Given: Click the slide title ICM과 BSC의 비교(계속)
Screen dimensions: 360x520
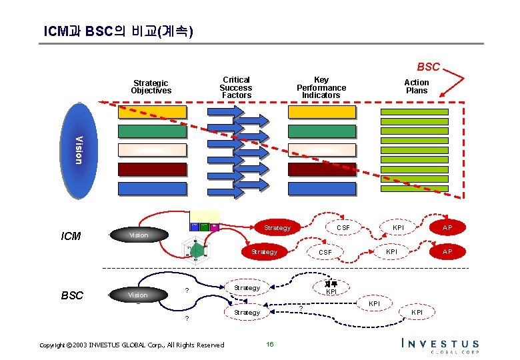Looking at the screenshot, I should (x=118, y=31).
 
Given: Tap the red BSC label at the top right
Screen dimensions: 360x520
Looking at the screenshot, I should (x=428, y=67).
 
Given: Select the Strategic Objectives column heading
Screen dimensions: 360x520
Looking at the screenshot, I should (x=151, y=87).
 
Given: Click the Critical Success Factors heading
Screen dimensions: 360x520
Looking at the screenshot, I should (x=236, y=87).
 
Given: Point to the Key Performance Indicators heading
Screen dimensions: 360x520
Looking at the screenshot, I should (x=321, y=87).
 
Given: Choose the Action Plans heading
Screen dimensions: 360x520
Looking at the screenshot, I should (x=417, y=87).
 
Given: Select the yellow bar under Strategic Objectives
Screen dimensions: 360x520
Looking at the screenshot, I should (x=152, y=112).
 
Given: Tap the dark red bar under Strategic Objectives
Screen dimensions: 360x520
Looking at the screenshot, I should (x=152, y=169).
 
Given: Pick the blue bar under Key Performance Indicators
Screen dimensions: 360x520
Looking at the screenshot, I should (x=321, y=188).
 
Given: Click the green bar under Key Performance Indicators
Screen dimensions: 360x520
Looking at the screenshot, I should (x=321, y=131).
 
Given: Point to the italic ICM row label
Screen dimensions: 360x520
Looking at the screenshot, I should (x=71, y=235).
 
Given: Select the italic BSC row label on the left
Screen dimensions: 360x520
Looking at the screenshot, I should (x=71, y=295).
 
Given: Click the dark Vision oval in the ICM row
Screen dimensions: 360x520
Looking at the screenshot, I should (x=139, y=235).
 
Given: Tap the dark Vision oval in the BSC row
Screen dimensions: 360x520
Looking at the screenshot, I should (x=137, y=295).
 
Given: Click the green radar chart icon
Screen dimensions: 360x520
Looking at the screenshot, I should (x=197, y=251).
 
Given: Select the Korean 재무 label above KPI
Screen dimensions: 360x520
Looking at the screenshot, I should (x=331, y=283).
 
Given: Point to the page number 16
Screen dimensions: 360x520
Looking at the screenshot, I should (x=270, y=344).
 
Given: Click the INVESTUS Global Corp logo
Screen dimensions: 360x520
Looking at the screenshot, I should (x=440, y=345).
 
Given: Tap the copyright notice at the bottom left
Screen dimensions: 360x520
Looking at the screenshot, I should (x=132, y=345).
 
